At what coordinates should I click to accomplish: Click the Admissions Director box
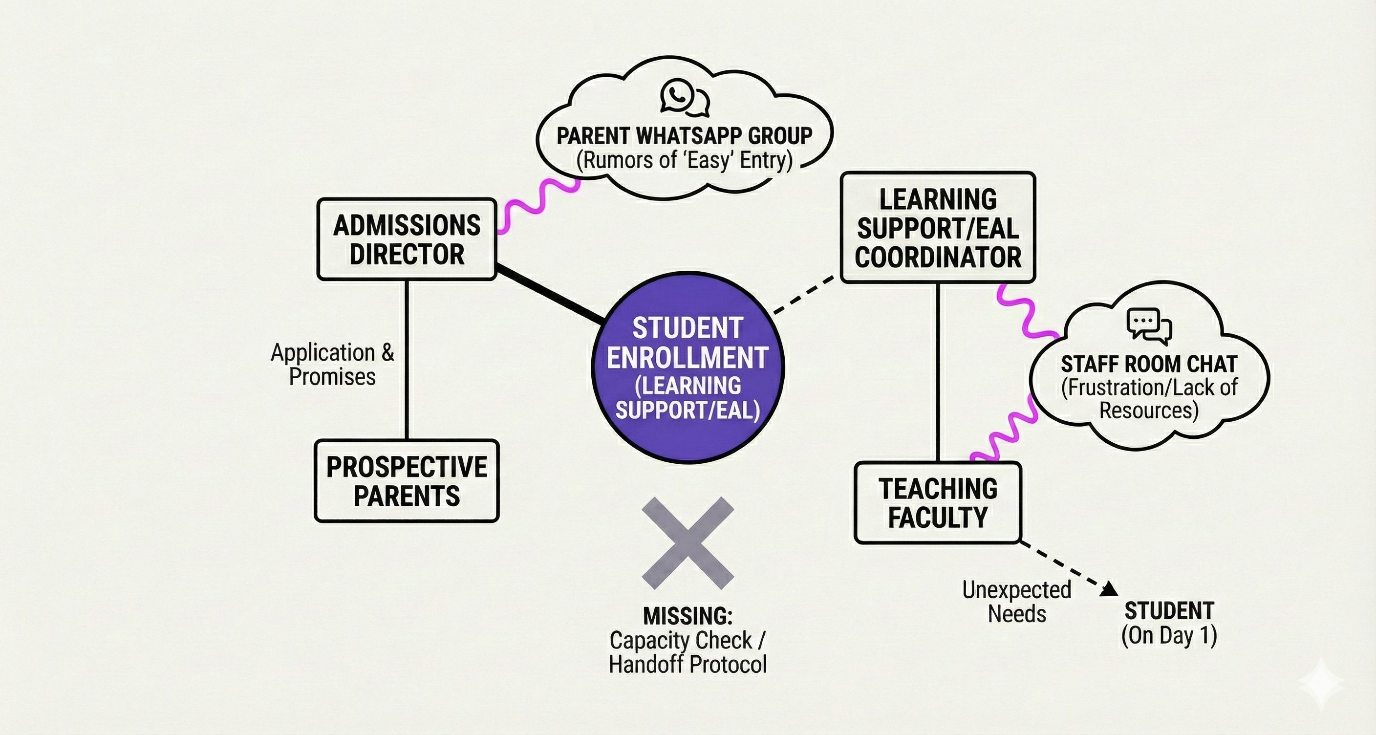(x=407, y=239)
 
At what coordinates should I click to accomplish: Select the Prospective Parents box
(x=407, y=481)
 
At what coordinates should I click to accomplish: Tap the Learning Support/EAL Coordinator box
(x=938, y=228)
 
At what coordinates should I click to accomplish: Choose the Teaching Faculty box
(x=938, y=503)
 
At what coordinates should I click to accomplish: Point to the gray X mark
(x=688, y=543)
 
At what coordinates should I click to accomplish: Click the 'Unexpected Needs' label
(x=1016, y=602)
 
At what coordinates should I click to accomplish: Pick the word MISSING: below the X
(x=688, y=616)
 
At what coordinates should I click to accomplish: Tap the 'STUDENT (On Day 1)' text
(x=1169, y=623)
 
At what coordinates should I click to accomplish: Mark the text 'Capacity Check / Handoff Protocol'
(x=688, y=652)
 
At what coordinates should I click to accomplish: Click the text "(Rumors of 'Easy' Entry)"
(x=684, y=160)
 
